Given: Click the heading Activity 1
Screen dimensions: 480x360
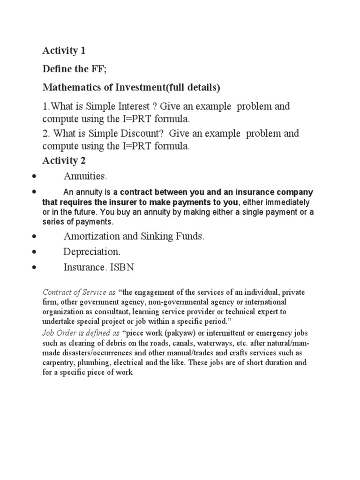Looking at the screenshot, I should point(64,50).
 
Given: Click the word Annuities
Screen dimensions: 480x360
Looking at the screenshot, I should point(85,177).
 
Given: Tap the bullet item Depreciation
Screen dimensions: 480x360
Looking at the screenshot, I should point(89,252).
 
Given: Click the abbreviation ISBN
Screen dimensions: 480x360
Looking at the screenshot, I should point(124,267).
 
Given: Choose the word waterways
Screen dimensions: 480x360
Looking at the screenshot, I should point(225,343).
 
